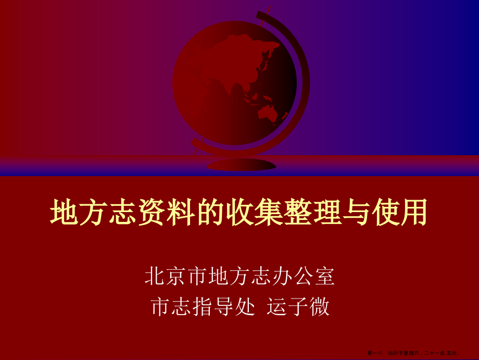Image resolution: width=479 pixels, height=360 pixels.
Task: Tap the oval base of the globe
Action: coord(241,165)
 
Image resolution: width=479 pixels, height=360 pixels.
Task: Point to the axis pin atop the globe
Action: coord(270,9)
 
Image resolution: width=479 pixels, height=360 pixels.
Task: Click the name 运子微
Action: coord(298,307)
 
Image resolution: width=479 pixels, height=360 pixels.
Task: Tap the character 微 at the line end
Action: coord(319,307)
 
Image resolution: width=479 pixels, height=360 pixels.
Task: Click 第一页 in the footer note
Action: coord(373,353)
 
